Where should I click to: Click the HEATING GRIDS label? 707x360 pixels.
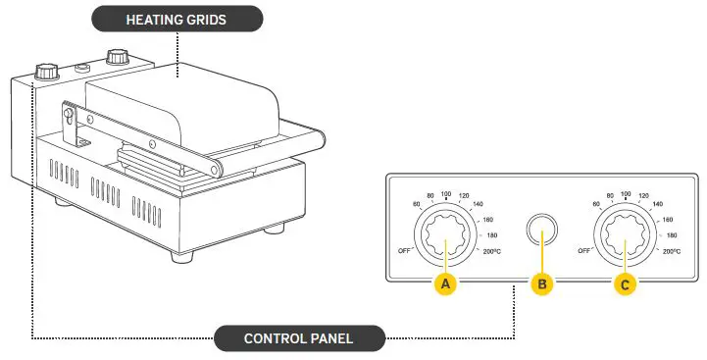(177, 19)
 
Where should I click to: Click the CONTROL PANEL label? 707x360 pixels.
(299, 339)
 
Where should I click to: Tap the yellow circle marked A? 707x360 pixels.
(446, 283)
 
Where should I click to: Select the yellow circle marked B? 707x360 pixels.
(541, 283)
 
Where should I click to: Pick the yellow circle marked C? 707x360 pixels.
(626, 283)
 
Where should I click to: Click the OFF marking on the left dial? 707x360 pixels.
(404, 250)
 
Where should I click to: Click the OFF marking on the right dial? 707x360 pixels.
(585, 251)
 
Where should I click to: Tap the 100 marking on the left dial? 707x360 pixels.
(447, 194)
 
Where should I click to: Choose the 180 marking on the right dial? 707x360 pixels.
(672, 236)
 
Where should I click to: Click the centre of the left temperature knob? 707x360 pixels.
(447, 238)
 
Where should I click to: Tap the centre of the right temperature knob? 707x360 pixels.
(627, 238)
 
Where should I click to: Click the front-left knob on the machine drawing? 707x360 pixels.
(46, 73)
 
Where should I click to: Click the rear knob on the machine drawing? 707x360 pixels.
(119, 55)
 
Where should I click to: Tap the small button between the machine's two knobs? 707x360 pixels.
(83, 68)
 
